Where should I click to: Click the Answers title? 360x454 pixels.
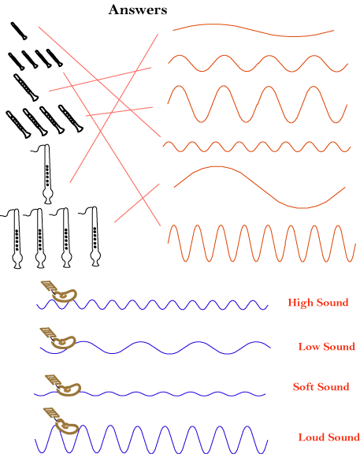tap(138, 9)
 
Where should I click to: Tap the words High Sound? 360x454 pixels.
tap(318, 303)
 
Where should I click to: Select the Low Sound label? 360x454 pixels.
tap(327, 346)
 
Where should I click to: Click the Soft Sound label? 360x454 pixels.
tap(321, 386)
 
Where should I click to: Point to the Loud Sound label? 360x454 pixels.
tap(328, 437)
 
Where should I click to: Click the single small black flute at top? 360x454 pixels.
tap(19, 31)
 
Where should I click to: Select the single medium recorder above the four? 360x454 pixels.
tap(26, 87)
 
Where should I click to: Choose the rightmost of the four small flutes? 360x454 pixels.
tap(54, 58)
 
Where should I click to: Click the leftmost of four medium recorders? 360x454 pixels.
tap(18, 125)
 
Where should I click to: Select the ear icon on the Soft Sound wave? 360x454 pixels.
tap(63, 385)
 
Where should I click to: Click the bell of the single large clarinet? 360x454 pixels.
tap(48, 196)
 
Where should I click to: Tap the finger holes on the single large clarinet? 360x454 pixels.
tap(47, 175)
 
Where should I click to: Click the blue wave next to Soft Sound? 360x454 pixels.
tap(150, 393)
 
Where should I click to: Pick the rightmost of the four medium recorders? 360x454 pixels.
tap(71, 118)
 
